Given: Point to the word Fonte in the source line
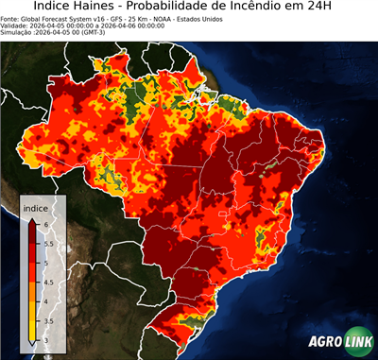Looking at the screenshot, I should pos(12,18).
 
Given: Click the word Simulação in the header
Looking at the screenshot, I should pos(19,33).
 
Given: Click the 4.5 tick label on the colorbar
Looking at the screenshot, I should pos(47,282).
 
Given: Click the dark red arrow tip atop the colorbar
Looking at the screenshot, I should pos(32,219).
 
